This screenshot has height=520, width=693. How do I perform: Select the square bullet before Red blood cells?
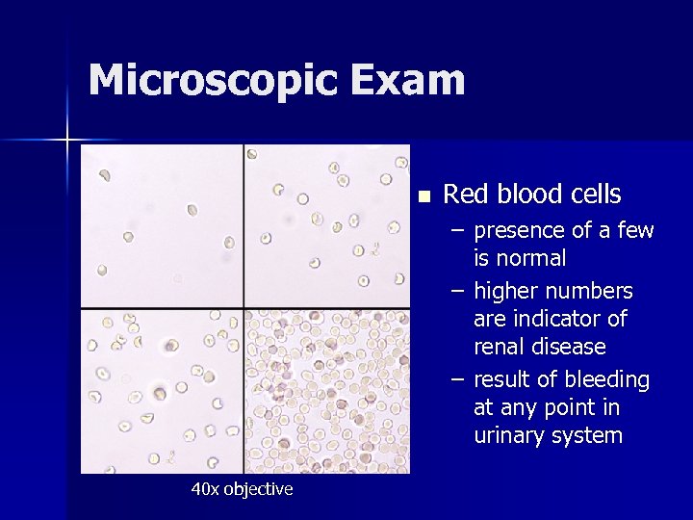pos(423,195)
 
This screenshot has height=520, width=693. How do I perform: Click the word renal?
pos(500,346)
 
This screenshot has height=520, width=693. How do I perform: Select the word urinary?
pos(509,436)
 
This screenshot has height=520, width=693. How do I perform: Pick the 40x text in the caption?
pos(204,489)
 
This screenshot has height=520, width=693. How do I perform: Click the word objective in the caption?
pos(258,489)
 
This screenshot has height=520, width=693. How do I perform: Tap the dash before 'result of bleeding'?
pos(458,380)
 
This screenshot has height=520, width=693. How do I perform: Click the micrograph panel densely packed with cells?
pos(327,391)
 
